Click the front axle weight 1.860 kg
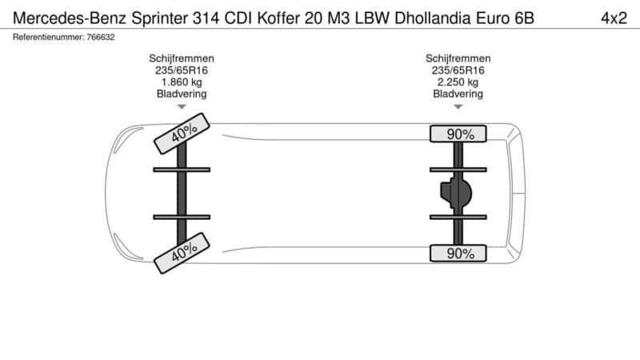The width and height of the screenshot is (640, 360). click(181, 82)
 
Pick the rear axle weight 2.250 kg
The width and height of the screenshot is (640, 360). click(458, 82)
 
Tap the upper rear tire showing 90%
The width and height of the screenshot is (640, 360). click(460, 134)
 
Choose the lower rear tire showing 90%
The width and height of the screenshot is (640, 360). click(460, 254)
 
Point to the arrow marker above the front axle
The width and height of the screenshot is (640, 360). click(181, 106)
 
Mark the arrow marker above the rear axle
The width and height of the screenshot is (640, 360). click(458, 106)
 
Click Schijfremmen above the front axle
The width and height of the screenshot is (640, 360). click(181, 58)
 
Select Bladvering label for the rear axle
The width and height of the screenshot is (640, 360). click(458, 94)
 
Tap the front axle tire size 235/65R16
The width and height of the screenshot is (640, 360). click(181, 70)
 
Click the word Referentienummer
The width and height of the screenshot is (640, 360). click(47, 38)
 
